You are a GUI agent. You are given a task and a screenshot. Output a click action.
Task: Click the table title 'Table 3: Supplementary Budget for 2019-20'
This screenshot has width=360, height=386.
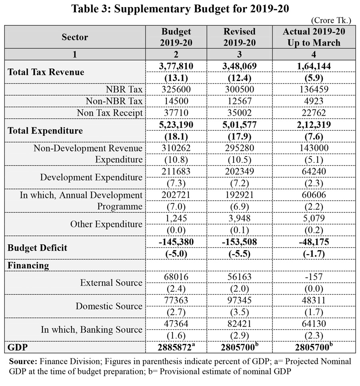pyautogui.click(x=180, y=9)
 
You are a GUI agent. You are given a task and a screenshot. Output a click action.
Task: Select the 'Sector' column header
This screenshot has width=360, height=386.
pyautogui.click(x=75, y=37)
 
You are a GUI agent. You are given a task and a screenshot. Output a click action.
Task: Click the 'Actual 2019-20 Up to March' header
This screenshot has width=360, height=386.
pyautogui.click(x=314, y=37)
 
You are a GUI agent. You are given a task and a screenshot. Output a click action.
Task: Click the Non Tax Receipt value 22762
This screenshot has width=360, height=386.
pyautogui.click(x=314, y=113)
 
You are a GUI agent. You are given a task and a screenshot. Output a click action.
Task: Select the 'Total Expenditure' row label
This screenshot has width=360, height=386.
pyautogui.click(x=45, y=131)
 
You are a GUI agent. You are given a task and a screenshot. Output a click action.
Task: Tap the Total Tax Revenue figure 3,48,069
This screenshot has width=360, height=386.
pyautogui.click(x=239, y=66)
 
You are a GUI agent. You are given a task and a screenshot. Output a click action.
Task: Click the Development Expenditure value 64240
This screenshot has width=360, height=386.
pyautogui.click(x=314, y=171)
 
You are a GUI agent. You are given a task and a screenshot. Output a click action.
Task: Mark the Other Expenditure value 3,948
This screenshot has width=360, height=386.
pyautogui.click(x=239, y=218)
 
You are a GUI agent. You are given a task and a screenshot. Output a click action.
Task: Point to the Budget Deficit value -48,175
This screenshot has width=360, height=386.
pyautogui.click(x=314, y=242)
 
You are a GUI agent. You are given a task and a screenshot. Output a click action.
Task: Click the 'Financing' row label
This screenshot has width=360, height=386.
pyautogui.click(x=28, y=265)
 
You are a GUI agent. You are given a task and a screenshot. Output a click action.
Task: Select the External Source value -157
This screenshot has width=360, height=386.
pyautogui.click(x=314, y=277)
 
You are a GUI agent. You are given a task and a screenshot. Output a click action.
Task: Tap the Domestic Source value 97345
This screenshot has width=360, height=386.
pyautogui.click(x=239, y=300)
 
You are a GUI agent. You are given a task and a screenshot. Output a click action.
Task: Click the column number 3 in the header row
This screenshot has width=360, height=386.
pyautogui.click(x=239, y=54)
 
